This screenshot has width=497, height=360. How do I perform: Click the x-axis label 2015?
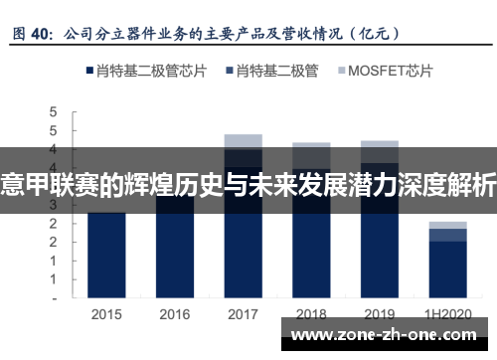point(106,314)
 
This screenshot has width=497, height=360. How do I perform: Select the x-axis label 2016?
point(175,314)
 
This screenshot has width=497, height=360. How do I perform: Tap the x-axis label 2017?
point(244,314)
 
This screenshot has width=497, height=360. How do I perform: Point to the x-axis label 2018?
point(311,314)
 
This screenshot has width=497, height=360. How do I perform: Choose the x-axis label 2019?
point(380,314)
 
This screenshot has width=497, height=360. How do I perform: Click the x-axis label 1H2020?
point(447,314)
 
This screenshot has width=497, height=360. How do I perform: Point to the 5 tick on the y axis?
point(55,112)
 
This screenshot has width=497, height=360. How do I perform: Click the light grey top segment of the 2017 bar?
point(244,140)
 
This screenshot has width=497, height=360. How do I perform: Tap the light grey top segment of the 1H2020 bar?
point(447,225)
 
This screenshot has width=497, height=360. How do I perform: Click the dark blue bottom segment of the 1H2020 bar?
point(447,269)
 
